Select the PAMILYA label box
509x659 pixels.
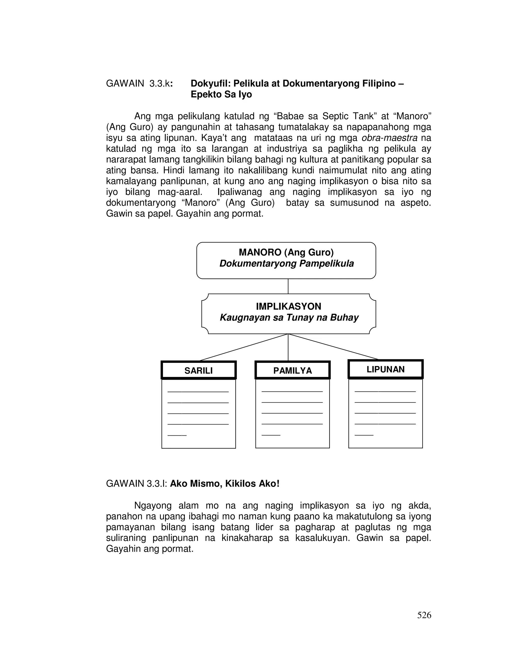pyautogui.click(x=292, y=370)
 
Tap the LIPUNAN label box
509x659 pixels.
pyautogui.click(x=385, y=369)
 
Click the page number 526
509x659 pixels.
pyautogui.click(x=424, y=615)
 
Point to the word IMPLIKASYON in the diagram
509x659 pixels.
pyautogui.click(x=289, y=306)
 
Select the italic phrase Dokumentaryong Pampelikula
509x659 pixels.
pyautogui.click(x=287, y=263)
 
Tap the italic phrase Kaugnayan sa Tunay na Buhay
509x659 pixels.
pyautogui.click(x=289, y=317)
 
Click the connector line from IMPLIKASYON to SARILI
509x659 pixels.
pyautogui.click(x=244, y=347)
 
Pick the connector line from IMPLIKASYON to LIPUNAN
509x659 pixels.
pyautogui.click(x=333, y=347)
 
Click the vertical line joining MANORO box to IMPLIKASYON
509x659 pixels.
pyautogui.click(x=288, y=286)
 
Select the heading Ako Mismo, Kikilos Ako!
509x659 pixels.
pyautogui.click(x=225, y=484)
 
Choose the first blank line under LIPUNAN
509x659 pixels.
pyautogui.click(x=385, y=392)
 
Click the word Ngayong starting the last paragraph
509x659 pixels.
pyautogui.click(x=153, y=505)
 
